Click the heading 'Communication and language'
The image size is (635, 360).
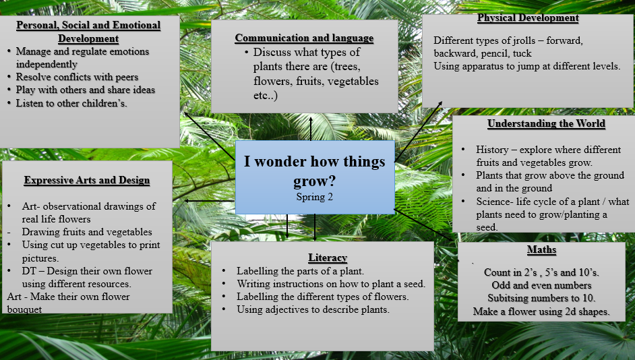[304, 38]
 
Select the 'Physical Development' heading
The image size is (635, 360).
[528, 18]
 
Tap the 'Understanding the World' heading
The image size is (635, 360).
[546, 123]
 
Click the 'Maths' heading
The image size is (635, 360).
[541, 249]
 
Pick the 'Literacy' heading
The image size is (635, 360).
[328, 258]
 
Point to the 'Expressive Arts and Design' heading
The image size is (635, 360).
[87, 180]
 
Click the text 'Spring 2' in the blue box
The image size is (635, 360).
[314, 197]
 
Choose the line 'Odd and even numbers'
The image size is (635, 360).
[541, 285]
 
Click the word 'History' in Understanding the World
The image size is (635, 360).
[492, 150]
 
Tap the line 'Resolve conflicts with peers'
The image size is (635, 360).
[77, 77]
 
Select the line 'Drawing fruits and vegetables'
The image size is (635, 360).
[87, 232]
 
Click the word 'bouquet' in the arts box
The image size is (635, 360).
[24, 310]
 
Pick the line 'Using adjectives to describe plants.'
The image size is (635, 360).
[313, 310]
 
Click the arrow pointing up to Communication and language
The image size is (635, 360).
[311, 129]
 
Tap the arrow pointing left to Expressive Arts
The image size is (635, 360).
[210, 200]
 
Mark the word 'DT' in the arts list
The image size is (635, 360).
[28, 271]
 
